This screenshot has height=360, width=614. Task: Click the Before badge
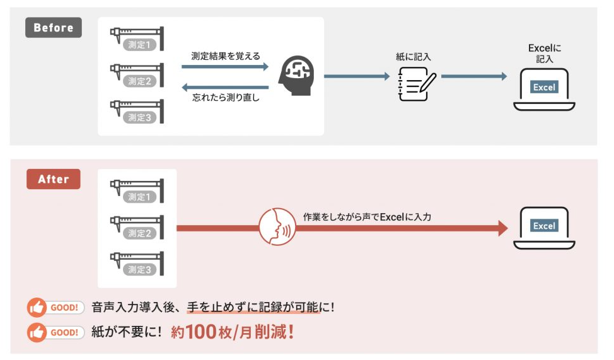(53, 28)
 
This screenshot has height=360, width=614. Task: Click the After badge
(53, 179)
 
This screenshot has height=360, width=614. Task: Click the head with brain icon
(297, 75)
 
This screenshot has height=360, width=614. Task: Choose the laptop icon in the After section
(544, 227)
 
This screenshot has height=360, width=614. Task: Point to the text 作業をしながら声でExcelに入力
(368, 216)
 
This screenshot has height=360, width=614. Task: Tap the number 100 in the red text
(202, 332)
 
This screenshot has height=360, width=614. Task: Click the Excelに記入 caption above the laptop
(544, 53)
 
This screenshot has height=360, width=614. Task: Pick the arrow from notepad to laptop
(473, 76)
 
